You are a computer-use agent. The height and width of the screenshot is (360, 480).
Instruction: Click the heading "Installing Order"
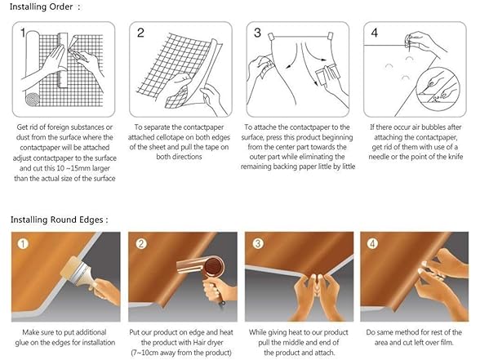42,7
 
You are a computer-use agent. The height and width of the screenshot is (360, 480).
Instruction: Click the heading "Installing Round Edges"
57,220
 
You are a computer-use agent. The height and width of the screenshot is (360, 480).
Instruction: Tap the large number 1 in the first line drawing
23,33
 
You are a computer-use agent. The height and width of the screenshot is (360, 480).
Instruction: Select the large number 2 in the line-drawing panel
140,33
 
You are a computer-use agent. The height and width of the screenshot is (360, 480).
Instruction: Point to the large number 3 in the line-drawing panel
257,33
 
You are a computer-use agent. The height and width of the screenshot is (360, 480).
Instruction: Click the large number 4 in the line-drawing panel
375,33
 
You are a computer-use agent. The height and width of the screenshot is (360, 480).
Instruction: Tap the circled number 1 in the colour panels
23,243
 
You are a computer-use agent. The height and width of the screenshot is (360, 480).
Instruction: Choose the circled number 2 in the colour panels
141,243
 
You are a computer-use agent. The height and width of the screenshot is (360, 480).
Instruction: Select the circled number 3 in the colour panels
258,243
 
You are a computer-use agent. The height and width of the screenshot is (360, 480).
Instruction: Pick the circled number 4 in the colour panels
372,243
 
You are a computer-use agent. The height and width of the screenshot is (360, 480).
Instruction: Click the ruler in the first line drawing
63,60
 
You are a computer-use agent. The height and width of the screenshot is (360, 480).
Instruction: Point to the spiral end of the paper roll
33,100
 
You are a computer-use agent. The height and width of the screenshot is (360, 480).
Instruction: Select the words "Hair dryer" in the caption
208,342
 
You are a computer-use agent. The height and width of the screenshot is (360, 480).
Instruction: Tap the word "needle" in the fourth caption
379,157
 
